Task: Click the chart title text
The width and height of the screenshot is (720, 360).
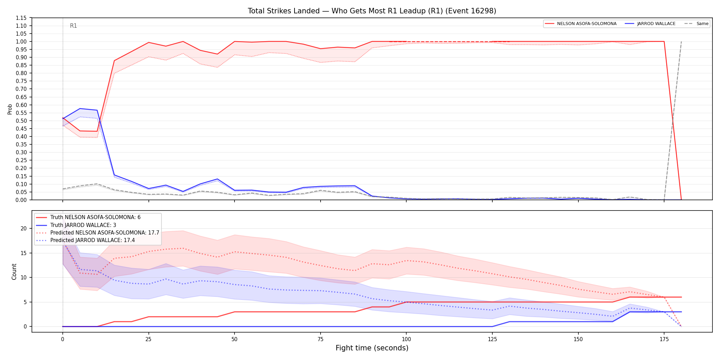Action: click(372, 11)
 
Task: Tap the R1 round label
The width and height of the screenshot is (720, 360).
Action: click(73, 26)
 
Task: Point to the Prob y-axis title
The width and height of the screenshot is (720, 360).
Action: click(10, 109)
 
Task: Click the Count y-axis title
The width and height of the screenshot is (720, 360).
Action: click(14, 272)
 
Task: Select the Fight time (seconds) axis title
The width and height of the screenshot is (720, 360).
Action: click(372, 348)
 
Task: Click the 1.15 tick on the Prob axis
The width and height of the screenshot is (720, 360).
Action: click(21, 18)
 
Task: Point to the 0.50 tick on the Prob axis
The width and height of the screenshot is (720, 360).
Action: click(21, 121)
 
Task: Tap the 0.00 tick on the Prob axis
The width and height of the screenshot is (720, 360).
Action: click(21, 200)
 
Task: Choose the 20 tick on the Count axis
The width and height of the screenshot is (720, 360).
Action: click(23, 228)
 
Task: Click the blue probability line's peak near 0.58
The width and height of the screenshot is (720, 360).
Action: click(80, 109)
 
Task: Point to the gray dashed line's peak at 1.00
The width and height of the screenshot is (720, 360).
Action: click(681, 42)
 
